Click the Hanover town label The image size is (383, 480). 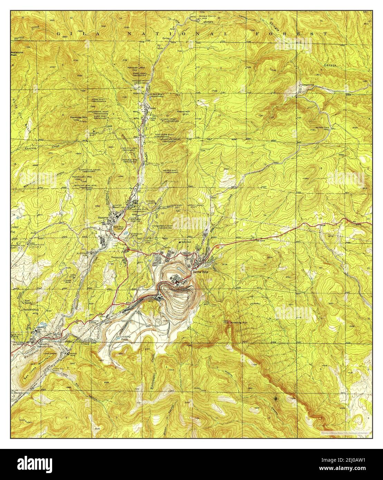pos(103,218)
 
